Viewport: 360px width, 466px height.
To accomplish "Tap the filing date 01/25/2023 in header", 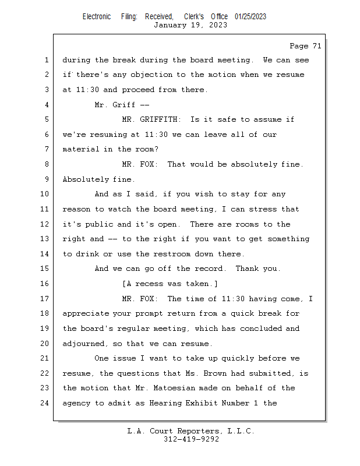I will pos(250,17).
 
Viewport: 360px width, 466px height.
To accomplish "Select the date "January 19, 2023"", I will pos(190,25).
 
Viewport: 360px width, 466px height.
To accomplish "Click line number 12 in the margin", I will pos(45,224).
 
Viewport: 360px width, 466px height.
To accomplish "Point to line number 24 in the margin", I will pos(45,403).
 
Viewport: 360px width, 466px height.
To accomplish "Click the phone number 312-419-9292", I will pos(190,440).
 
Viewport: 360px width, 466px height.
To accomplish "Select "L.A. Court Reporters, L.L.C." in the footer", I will pos(190,432).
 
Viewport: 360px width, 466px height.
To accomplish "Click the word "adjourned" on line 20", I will pos(83,343).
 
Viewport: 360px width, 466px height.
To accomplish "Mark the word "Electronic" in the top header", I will pos(97,17).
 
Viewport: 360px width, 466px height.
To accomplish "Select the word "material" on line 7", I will pos(81,149).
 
